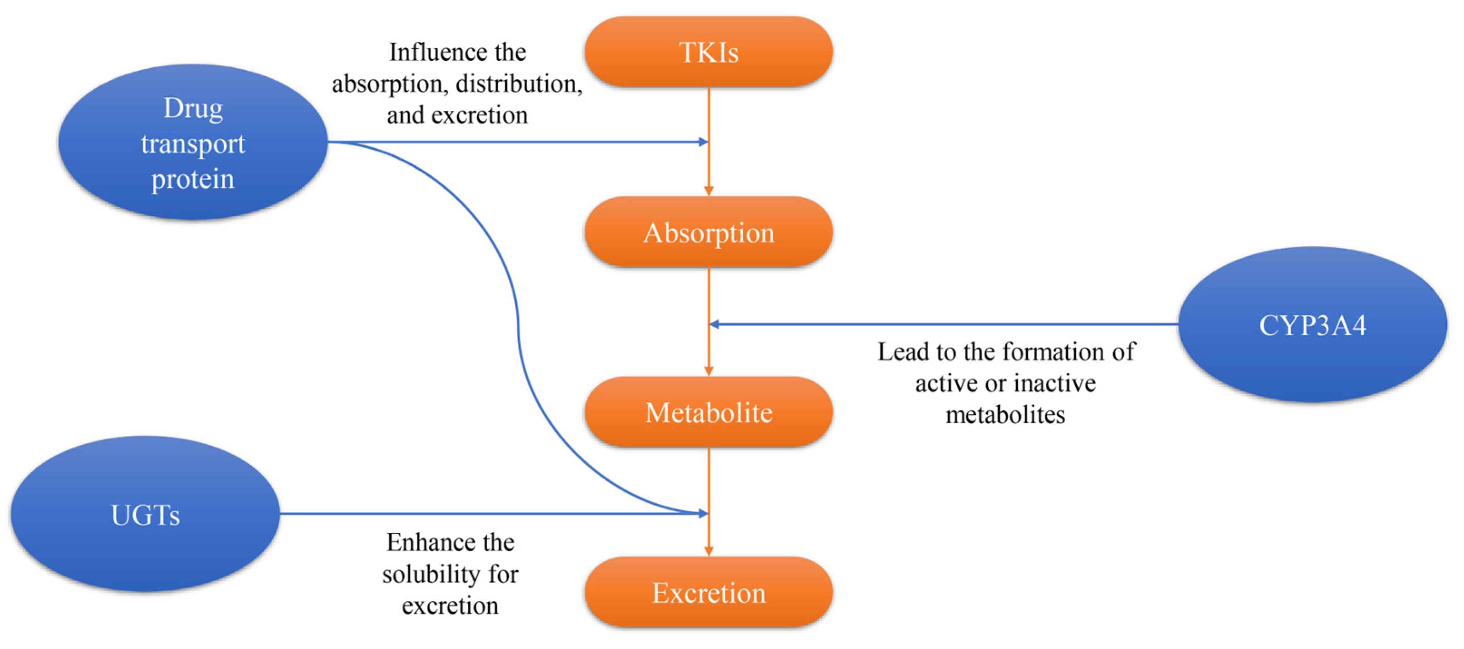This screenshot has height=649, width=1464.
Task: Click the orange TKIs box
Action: pos(708,52)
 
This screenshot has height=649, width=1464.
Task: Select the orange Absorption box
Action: pos(708,232)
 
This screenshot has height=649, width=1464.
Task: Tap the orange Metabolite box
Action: pos(708,412)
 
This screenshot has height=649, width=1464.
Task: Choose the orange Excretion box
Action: pos(708,592)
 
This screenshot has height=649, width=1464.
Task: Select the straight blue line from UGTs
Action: pos(455,514)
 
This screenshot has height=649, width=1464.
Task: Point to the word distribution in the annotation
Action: pos(518,84)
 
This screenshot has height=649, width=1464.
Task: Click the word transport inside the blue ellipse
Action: pos(193,144)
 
